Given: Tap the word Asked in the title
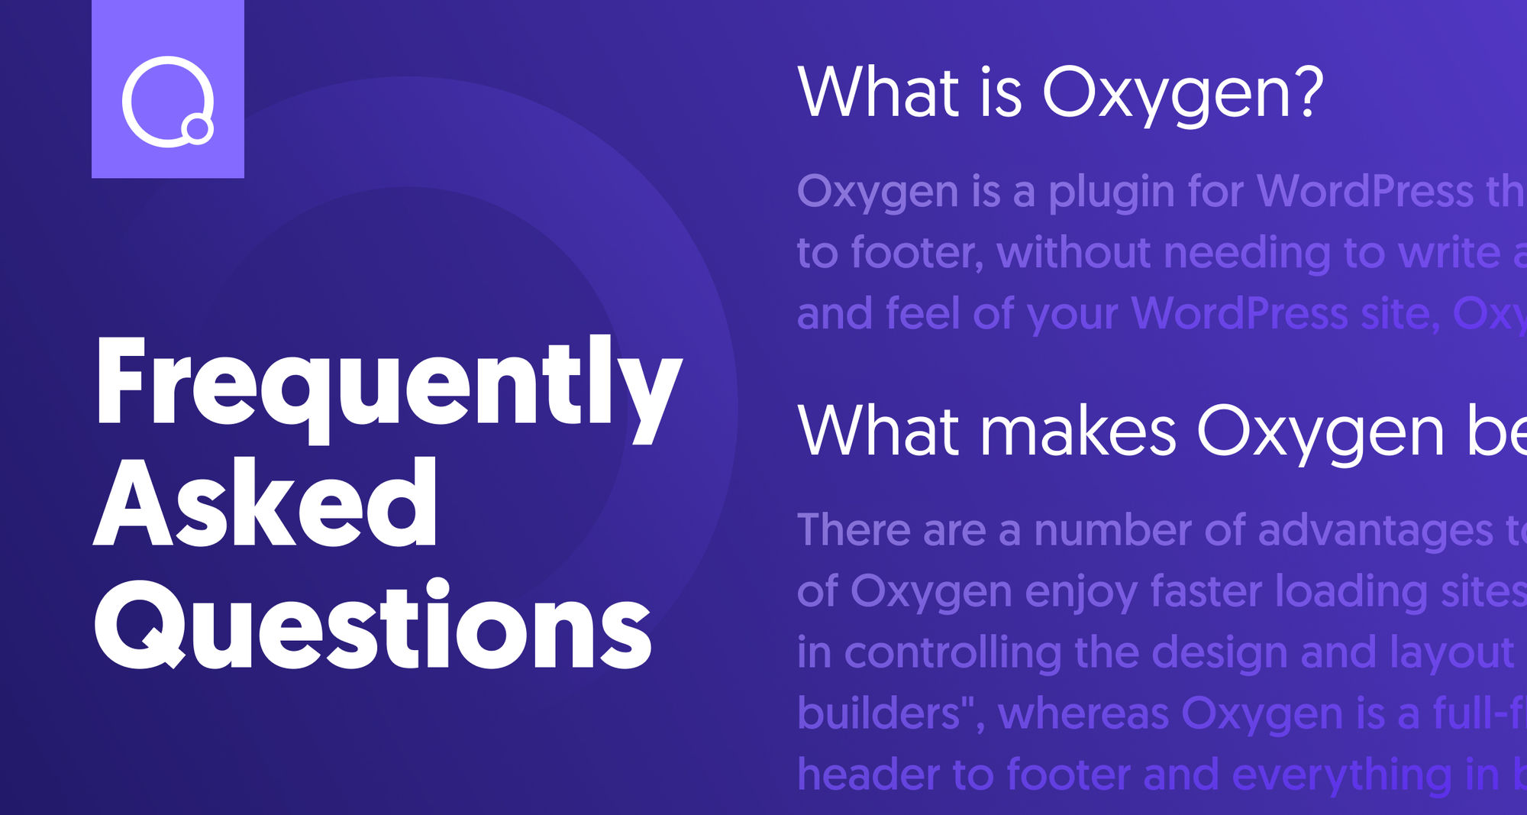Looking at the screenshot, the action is click(266, 503).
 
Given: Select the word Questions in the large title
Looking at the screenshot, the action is click(373, 623).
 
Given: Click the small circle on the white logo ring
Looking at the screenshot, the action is click(199, 129).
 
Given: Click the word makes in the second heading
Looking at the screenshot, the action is click(1077, 431).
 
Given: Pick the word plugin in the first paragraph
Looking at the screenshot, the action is click(1111, 192).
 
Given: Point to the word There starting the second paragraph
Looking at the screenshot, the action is click(854, 529).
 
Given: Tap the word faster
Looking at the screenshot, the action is click(1206, 591).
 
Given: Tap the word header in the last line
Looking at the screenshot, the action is click(868, 775).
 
